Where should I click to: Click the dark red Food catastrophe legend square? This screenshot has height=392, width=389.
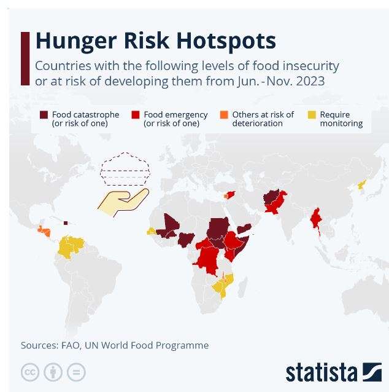tap(44, 115)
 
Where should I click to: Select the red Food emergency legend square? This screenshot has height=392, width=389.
tap(136, 115)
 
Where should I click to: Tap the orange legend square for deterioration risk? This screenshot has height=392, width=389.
tap(224, 115)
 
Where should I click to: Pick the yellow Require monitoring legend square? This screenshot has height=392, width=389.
tap(312, 115)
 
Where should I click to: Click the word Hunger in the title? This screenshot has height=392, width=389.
tap(76, 41)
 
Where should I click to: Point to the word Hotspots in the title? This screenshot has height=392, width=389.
tap(226, 41)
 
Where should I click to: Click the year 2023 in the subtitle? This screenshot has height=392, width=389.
tap(310, 81)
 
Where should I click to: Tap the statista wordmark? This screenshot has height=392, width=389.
tap(322, 373)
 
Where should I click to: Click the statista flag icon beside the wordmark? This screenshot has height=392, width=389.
tap(372, 372)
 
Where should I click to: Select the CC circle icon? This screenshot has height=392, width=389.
tap(30, 372)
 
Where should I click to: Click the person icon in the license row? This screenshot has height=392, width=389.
tap(53, 372)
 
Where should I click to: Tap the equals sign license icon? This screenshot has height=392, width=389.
tap(76, 372)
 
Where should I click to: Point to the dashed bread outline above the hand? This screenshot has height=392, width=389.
tap(125, 169)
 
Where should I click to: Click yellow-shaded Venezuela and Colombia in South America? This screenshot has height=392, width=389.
tap(71, 247)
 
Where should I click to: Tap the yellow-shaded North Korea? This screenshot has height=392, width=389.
tap(362, 184)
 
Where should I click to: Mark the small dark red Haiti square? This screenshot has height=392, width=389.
tap(66, 223)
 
